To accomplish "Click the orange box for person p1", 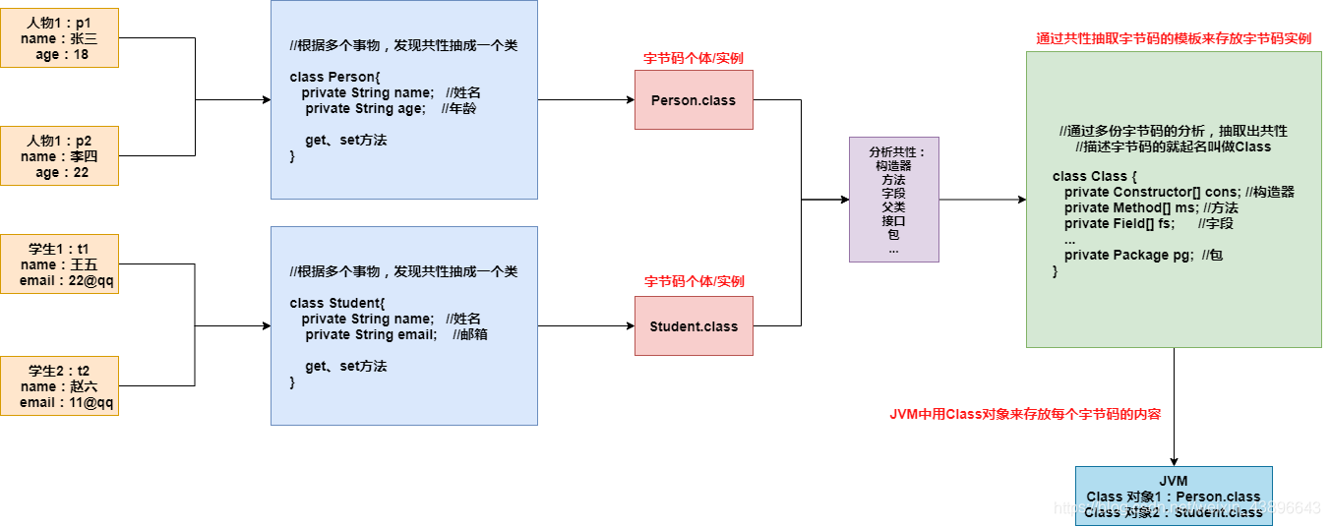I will click(x=59, y=38).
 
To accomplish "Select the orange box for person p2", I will click(x=59, y=155).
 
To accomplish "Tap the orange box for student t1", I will click(x=59, y=263).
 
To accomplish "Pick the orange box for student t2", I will click(x=59, y=385).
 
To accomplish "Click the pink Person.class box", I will click(x=694, y=99).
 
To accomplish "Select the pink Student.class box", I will click(x=694, y=325).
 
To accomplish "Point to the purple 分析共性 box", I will click(x=893, y=200).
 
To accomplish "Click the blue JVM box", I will click(x=1174, y=496).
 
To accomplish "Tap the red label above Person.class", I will click(x=694, y=58).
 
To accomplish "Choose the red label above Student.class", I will click(x=694, y=281).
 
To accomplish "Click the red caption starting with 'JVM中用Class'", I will click(x=1025, y=414).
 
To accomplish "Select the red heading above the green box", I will click(x=1174, y=38).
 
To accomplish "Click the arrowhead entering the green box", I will click(x=1020, y=200).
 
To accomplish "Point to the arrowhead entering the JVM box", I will click(x=1174, y=460).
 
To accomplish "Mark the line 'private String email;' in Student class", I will click(x=371, y=334).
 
